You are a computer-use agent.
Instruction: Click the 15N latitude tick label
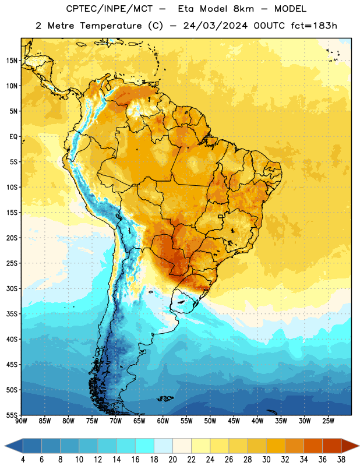[12, 61]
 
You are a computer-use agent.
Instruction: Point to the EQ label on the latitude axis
[13, 137]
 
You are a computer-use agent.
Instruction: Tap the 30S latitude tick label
[12, 288]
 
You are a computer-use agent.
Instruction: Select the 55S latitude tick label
[12, 415]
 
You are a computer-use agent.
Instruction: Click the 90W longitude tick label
[21, 421]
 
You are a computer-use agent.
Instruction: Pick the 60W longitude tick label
[163, 421]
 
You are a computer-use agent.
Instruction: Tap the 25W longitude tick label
[328, 421]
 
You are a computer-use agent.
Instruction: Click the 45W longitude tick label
[234, 421]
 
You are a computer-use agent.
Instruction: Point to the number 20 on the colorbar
[172, 460]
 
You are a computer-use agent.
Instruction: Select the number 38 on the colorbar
[341, 460]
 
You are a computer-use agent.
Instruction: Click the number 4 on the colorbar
[23, 460]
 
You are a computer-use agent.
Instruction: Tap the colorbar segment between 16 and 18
[144, 446]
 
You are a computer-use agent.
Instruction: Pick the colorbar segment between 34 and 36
[313, 446]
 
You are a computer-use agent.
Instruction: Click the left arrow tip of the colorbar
[5, 446]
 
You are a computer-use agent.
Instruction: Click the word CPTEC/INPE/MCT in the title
[110, 9]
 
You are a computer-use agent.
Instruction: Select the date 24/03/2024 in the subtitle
[215, 26]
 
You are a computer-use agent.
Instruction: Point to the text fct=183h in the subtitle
[314, 26]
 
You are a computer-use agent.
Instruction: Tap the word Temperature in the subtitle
[111, 26]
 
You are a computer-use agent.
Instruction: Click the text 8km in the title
[243, 9]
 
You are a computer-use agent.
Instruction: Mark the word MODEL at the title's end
[290, 9]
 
